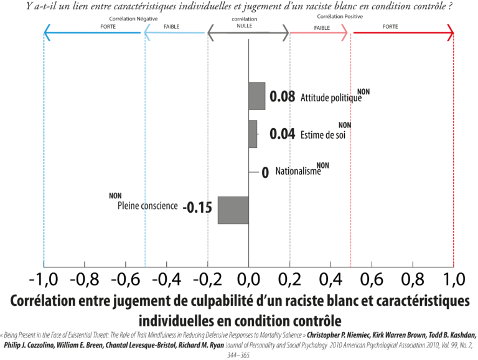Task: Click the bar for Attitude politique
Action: [x=257, y=96]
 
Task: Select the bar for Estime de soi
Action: [x=253, y=134]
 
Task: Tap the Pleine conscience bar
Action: [x=233, y=210]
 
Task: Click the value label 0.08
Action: [x=283, y=96]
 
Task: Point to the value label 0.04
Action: [x=283, y=134]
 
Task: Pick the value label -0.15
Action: [x=197, y=208]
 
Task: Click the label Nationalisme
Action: [x=298, y=171]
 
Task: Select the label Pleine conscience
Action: [x=148, y=206]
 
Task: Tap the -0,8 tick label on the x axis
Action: [x=85, y=279]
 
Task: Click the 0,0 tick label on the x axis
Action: [x=249, y=279]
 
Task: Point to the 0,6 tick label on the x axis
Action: [x=372, y=279]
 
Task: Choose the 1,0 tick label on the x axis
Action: [x=454, y=279]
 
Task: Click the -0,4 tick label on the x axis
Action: [x=166, y=279]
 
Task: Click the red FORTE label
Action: [x=390, y=27]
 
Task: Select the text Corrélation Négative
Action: [x=134, y=19]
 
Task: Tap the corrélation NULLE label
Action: [x=245, y=22]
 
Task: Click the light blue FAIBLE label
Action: [x=172, y=27]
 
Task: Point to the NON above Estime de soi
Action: [x=345, y=125]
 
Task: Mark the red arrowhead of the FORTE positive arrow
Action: [x=451, y=32]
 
